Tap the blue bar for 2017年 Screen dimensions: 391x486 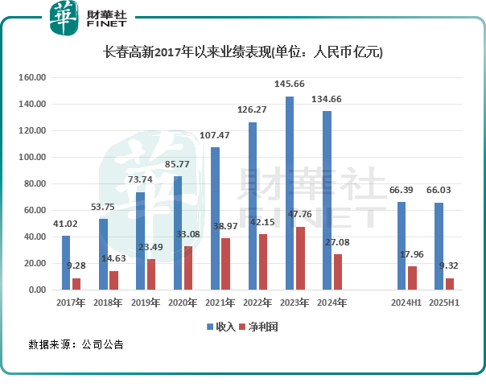(66, 262)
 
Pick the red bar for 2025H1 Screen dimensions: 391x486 (450, 283)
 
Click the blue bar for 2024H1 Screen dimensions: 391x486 (402, 245)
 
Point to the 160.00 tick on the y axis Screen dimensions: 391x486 (33, 78)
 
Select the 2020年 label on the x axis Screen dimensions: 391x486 (183, 303)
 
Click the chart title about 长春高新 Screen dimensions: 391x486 (244, 52)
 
